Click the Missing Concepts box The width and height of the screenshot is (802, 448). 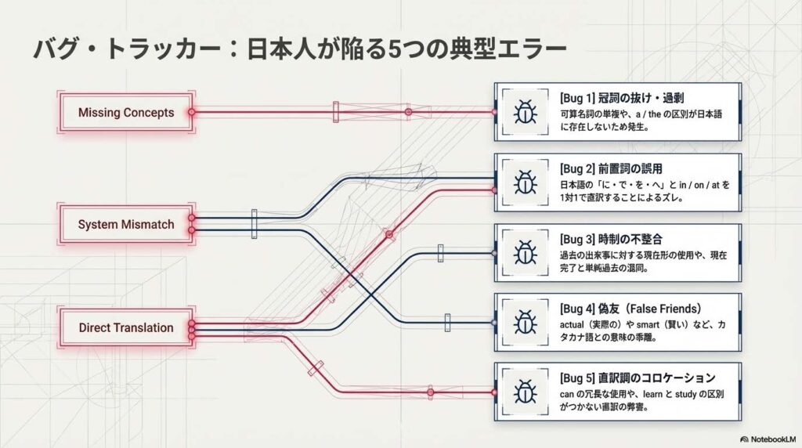(126, 113)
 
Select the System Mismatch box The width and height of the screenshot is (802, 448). (126, 225)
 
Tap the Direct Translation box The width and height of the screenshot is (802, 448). (126, 327)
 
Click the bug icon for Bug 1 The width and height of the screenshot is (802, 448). (523, 112)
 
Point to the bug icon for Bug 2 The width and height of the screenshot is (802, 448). (523, 182)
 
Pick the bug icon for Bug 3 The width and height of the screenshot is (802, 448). (523, 253)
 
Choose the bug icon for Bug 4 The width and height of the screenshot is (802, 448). (523, 322)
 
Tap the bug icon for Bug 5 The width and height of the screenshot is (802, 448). (523, 392)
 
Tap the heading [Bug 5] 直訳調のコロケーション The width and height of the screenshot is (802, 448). (638, 378)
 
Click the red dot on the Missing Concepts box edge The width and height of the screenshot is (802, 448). (192, 113)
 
